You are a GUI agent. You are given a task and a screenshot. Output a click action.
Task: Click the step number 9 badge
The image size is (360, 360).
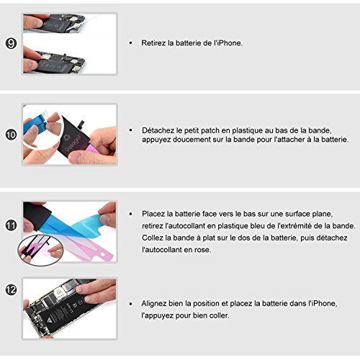11,43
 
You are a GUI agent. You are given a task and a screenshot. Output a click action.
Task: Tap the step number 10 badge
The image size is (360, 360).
11,135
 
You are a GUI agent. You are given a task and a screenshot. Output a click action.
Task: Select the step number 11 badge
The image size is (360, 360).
11,225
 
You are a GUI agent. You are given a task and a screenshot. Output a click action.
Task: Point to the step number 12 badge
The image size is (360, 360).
11,289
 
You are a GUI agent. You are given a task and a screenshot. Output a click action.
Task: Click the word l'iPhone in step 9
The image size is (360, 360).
228,43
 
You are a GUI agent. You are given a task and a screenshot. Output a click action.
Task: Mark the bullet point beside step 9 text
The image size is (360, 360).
130,43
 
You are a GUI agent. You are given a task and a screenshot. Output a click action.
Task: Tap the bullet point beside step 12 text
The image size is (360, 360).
130,304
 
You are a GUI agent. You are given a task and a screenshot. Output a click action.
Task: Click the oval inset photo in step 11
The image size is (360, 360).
40,250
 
